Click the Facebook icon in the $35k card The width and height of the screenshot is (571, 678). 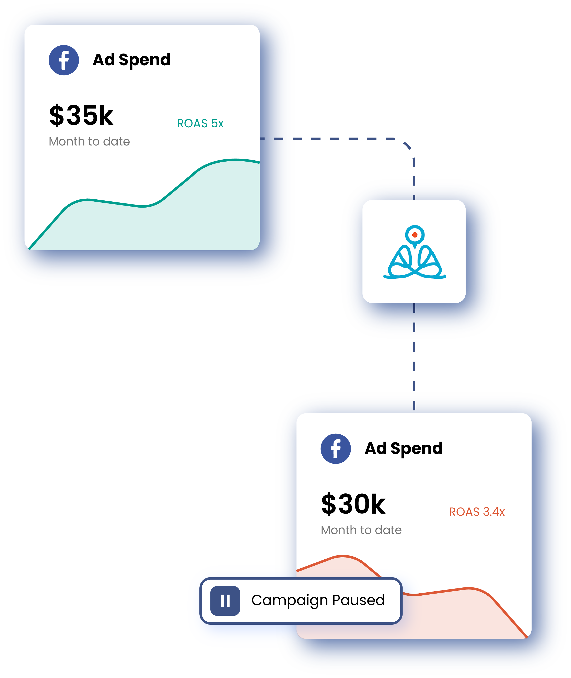[64, 60]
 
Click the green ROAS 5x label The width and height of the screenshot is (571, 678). [200, 123]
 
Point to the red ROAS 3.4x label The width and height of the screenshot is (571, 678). [477, 512]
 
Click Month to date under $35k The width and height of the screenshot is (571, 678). [89, 141]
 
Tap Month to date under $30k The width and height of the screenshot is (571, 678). [361, 530]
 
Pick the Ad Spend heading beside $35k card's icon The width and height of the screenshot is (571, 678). [132, 60]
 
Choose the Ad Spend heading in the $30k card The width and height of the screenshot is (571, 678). [404, 448]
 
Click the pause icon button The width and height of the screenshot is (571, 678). [225, 601]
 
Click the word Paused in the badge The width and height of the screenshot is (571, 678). [358, 600]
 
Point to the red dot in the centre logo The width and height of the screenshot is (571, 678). [415, 235]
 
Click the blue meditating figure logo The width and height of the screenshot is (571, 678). [415, 256]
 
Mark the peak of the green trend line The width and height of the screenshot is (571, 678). [235, 160]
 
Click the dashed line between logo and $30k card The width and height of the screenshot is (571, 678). [414, 362]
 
